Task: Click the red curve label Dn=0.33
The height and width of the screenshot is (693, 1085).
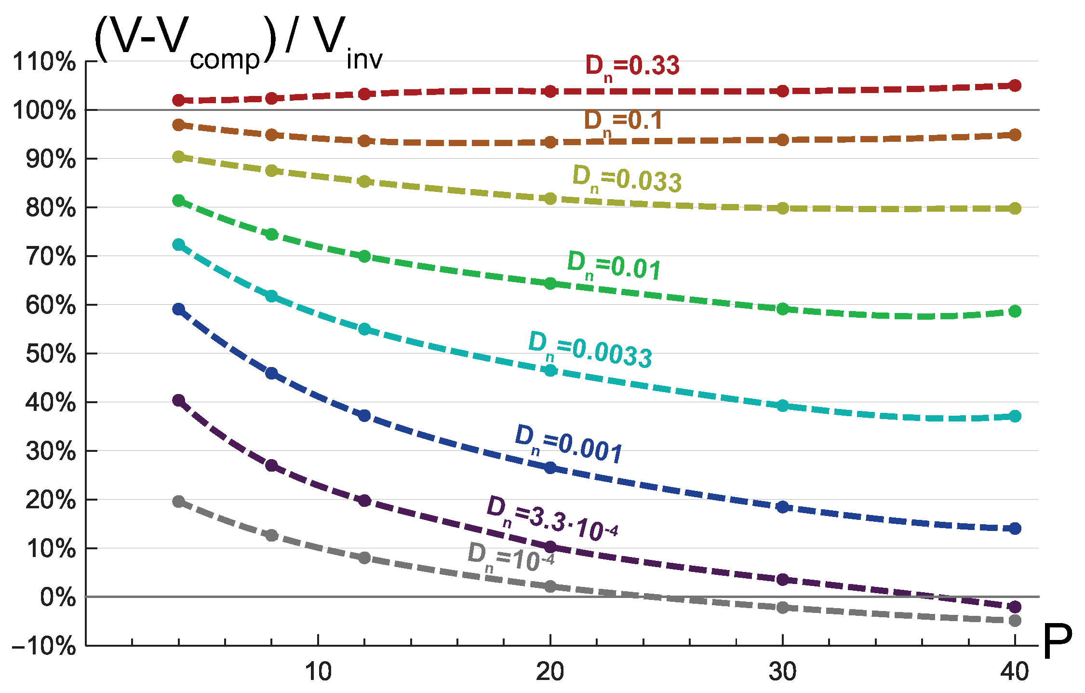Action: pyautogui.click(x=632, y=67)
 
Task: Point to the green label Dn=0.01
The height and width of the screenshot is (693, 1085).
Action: pyautogui.click(x=614, y=266)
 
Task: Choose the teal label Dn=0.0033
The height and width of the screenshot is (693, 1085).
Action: pyautogui.click(x=590, y=350)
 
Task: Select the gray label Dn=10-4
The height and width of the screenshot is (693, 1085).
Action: pyautogui.click(x=510, y=558)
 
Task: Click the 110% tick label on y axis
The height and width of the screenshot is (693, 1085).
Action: pyautogui.click(x=44, y=62)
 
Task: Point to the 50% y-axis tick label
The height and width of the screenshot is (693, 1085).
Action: pyautogui.click(x=51, y=354)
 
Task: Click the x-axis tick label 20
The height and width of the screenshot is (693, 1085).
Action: pyautogui.click(x=550, y=672)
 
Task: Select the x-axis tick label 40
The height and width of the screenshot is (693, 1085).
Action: pyautogui.click(x=1015, y=672)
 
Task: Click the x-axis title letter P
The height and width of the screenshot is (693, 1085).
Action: pyautogui.click(x=1057, y=642)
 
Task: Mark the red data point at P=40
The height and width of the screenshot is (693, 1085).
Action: pyautogui.click(x=1015, y=86)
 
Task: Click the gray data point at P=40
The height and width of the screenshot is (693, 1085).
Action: pyautogui.click(x=1015, y=620)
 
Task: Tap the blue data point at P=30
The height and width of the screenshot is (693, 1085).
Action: pyautogui.click(x=783, y=507)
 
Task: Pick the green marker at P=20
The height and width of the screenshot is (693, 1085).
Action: pyautogui.click(x=550, y=284)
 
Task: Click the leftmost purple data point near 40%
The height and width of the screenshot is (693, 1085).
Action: pyautogui.click(x=179, y=400)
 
